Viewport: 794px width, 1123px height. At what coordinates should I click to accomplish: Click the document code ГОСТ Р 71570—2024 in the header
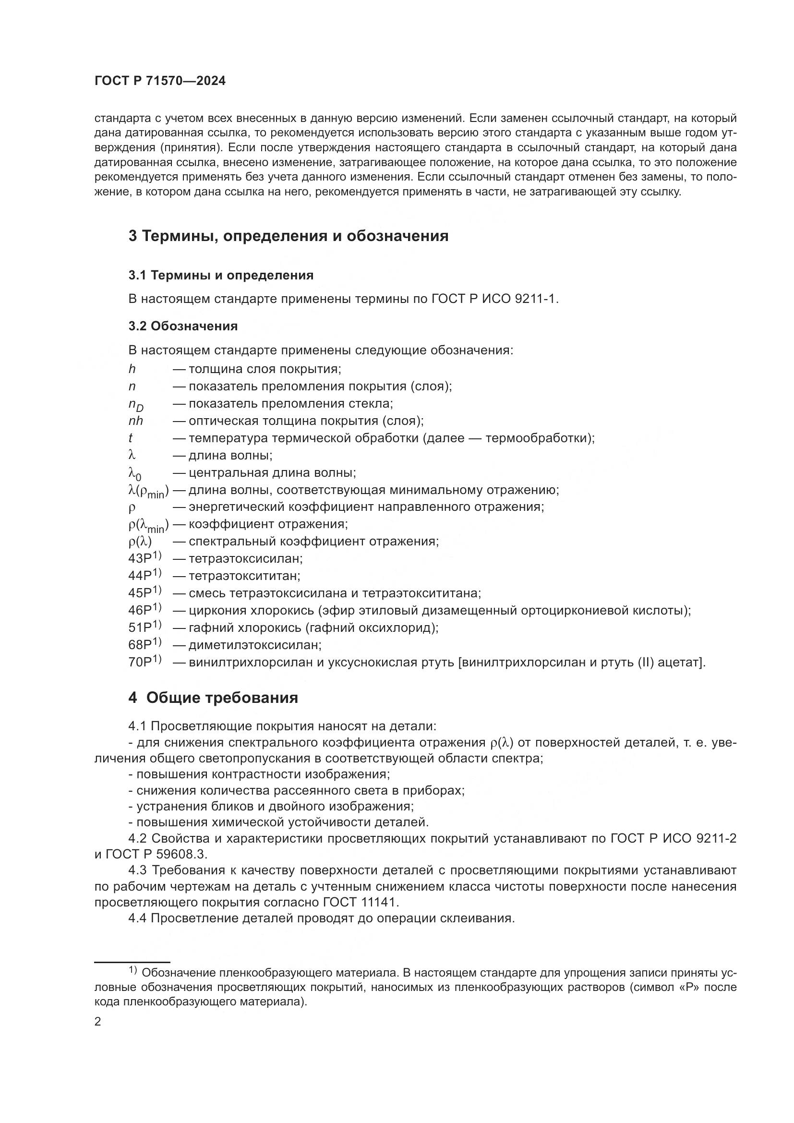click(160, 81)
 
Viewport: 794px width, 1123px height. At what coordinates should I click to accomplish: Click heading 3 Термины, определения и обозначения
click(289, 236)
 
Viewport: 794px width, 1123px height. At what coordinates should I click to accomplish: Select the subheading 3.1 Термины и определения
click(221, 276)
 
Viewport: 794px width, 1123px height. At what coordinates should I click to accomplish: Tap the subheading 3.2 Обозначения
click(183, 326)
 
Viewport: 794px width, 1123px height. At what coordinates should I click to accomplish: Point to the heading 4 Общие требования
click(213, 698)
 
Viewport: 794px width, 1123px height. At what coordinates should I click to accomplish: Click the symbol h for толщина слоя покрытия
click(132, 369)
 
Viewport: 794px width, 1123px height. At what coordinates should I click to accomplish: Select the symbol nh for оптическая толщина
click(136, 421)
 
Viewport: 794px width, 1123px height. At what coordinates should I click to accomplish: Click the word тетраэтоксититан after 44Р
click(244, 576)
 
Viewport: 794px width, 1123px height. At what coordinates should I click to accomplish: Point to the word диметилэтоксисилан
click(255, 645)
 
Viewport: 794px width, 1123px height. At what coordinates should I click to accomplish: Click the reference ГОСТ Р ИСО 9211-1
click(494, 299)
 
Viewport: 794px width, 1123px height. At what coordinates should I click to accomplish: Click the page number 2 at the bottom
click(97, 1022)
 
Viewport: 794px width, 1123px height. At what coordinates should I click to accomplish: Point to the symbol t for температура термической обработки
click(131, 438)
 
